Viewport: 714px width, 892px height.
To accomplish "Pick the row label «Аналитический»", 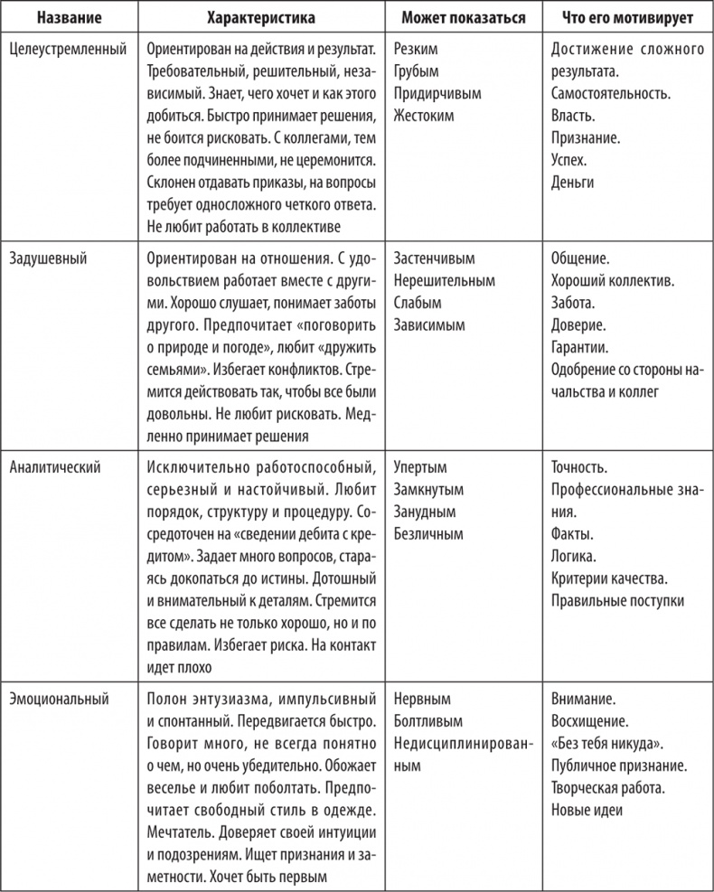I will [55, 468].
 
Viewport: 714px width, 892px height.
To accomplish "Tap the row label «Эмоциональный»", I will [59, 700].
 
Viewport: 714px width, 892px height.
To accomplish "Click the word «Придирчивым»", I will [437, 93].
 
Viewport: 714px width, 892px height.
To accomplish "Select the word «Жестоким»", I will [424, 116].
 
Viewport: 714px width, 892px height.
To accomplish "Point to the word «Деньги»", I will [572, 182].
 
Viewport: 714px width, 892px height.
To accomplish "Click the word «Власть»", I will [572, 116].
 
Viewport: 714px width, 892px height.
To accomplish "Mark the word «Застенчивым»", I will [435, 258].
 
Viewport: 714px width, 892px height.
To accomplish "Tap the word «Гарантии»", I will [579, 345].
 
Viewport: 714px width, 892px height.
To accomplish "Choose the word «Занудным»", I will [425, 512].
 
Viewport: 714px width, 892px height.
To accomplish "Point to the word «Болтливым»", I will [428, 721].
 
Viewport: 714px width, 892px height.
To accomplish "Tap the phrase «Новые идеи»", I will [587, 810].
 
